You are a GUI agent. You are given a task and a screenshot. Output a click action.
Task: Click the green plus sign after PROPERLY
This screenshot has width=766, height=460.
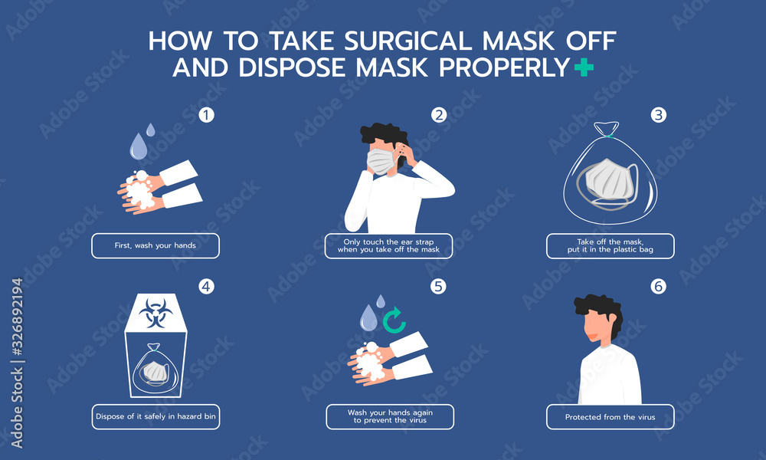point(584,68)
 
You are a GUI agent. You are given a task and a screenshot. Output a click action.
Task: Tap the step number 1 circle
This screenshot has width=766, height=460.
point(205,116)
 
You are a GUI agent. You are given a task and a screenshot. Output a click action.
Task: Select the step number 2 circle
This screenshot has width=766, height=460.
point(439,116)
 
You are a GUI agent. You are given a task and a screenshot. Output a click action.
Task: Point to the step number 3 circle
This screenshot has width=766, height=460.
point(658,116)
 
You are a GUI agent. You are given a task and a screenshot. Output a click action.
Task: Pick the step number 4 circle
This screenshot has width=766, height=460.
point(205,287)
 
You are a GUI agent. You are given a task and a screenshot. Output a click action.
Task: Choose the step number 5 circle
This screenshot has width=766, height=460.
point(439,287)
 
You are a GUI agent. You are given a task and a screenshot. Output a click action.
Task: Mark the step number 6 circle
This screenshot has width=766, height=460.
point(658,287)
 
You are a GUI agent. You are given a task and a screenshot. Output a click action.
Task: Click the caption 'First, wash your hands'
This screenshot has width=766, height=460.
point(155,245)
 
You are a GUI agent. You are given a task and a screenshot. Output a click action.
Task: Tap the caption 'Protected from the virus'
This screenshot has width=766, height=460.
point(610,416)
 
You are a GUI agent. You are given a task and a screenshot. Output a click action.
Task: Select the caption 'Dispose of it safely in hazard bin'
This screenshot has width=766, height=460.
point(155,416)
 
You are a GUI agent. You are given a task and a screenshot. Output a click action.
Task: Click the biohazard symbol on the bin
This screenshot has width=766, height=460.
point(155,314)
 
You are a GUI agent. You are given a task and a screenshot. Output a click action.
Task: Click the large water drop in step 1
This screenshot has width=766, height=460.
point(138,146)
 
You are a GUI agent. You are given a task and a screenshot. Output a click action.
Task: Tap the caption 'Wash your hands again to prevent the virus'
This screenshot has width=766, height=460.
point(390,416)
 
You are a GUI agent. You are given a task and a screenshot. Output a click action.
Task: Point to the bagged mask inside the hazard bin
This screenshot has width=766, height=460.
point(155,370)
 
